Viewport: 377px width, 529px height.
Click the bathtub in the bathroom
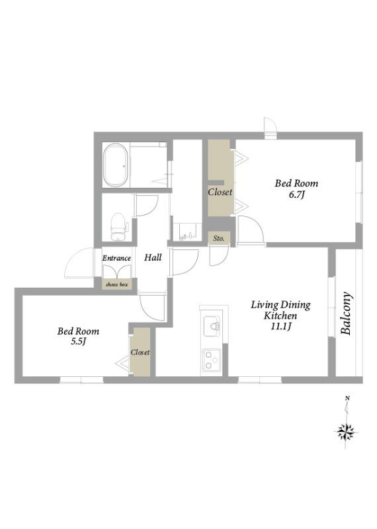(115, 165)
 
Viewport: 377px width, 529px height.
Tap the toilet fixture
(118, 227)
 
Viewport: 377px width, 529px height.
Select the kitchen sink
(212, 326)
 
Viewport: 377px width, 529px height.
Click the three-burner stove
(212, 360)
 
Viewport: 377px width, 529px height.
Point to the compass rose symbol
(346, 432)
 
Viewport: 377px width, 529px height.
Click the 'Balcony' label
(347, 313)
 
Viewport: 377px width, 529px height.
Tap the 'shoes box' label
(117, 284)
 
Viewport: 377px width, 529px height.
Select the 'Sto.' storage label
(219, 238)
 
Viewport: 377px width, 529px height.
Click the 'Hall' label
(153, 257)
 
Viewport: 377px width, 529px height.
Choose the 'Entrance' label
(116, 258)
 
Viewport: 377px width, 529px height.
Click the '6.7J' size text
(297, 194)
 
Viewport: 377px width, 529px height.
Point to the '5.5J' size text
(78, 341)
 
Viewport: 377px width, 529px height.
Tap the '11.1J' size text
(280, 326)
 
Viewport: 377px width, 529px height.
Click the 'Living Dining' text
(280, 305)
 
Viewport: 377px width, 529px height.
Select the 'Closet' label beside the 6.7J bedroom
(220, 192)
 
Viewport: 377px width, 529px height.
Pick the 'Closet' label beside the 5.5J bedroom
(140, 352)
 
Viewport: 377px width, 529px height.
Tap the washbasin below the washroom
(187, 232)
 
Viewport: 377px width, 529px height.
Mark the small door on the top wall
(270, 128)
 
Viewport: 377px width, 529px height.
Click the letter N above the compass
(347, 399)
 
